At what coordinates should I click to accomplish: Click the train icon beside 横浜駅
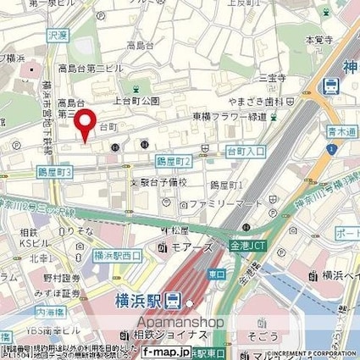click(x=174, y=298)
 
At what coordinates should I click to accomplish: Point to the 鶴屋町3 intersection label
click(x=56, y=172)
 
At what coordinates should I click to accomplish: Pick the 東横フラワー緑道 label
click(x=238, y=117)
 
